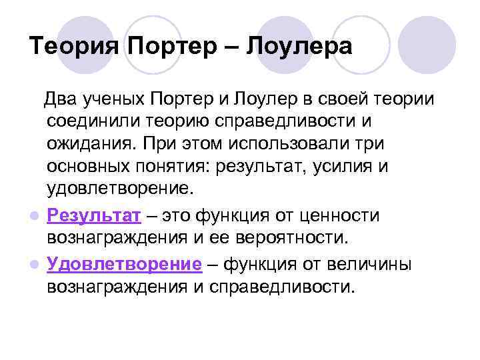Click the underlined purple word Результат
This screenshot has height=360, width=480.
(94, 216)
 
